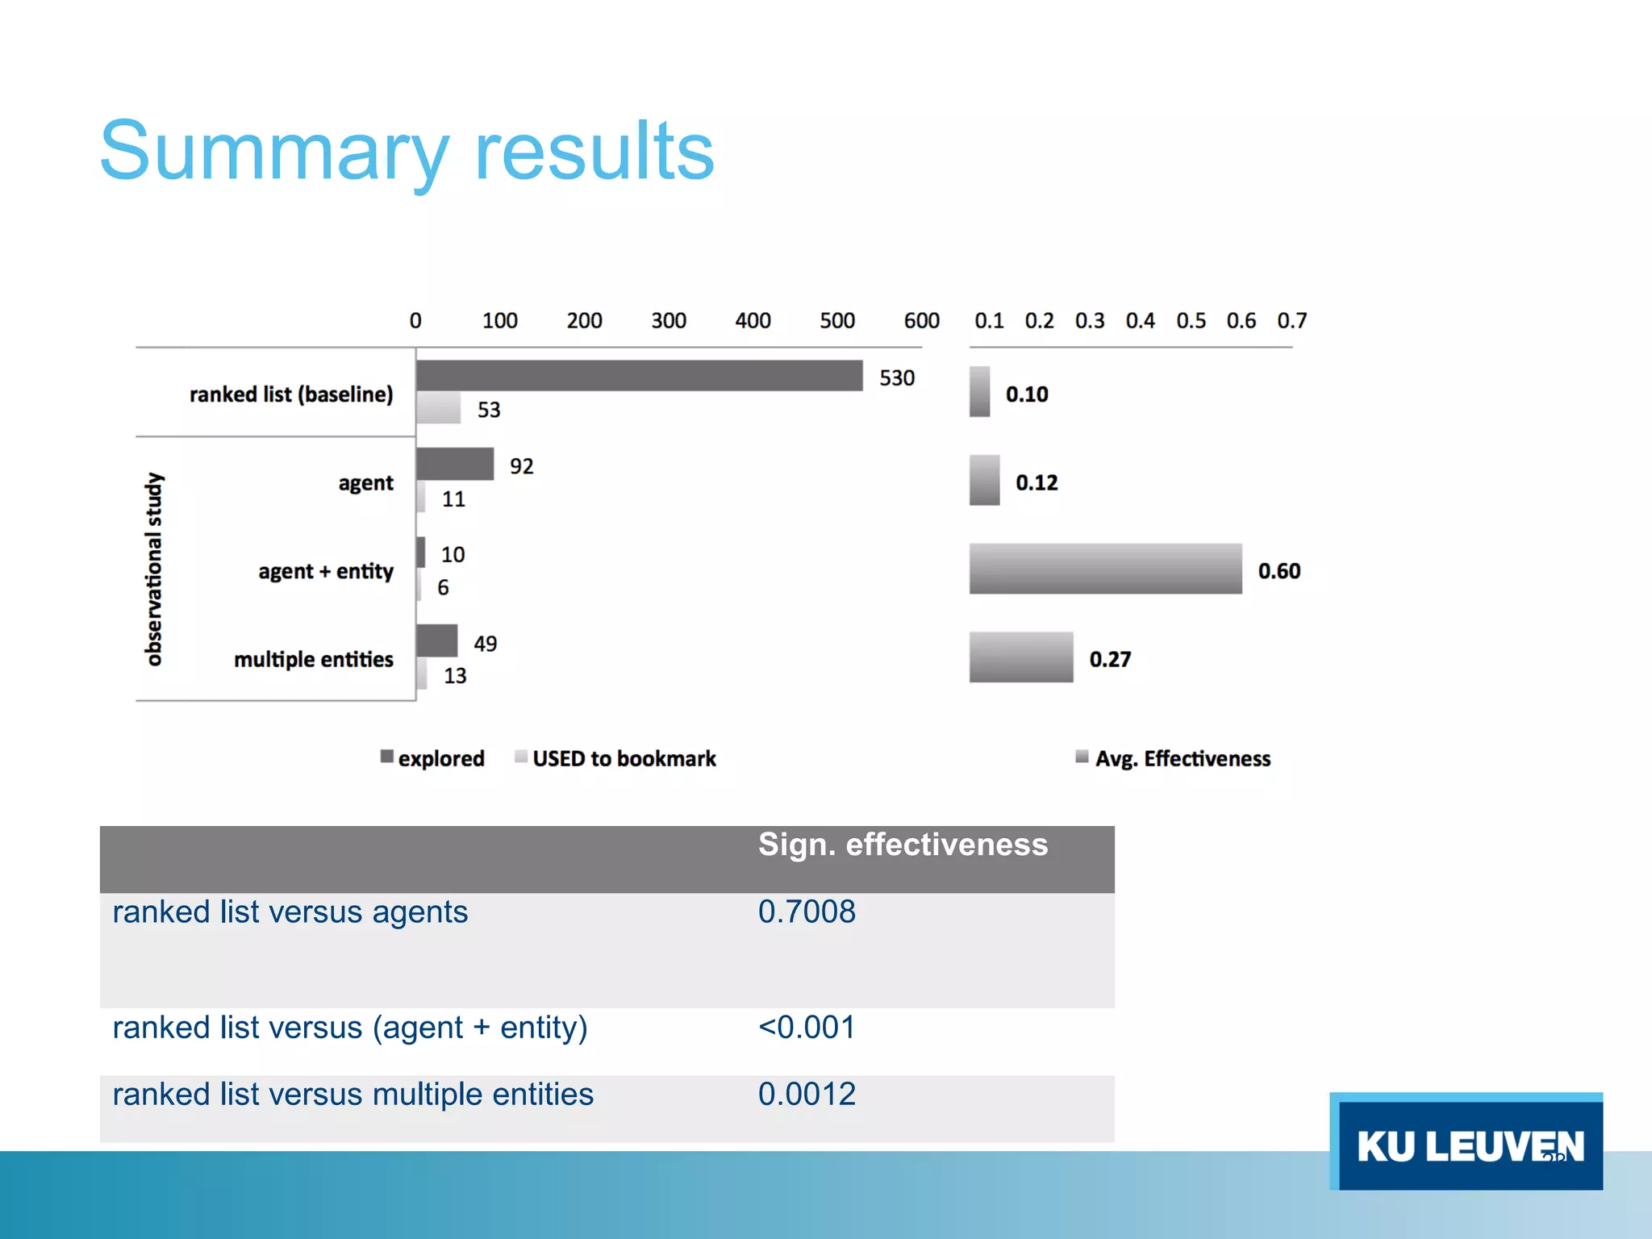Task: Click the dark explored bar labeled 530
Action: point(639,376)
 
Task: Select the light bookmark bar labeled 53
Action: point(439,408)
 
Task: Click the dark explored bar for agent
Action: point(455,465)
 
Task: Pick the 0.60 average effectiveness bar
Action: point(1105,569)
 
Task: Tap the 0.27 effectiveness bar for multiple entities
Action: point(1021,657)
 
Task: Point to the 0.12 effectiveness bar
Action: point(984,481)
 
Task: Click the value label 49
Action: point(485,644)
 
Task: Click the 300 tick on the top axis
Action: point(668,321)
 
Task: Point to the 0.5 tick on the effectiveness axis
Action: point(1191,321)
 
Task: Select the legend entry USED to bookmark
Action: point(624,759)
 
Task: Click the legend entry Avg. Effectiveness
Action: point(1182,759)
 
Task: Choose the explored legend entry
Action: point(440,759)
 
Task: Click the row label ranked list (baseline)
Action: point(291,394)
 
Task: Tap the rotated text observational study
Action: point(153,569)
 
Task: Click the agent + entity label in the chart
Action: point(326,571)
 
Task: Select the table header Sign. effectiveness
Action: point(903,845)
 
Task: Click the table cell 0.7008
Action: point(807,912)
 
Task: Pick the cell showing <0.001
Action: point(807,1028)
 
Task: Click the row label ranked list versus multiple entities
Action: point(353,1095)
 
